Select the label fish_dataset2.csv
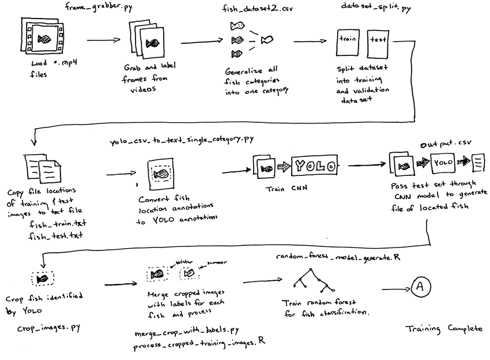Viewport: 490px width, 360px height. pos(254,9)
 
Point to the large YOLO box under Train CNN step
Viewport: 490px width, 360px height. pos(314,166)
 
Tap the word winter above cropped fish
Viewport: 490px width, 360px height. pos(180,261)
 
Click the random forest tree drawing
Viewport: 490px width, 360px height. pos(310,282)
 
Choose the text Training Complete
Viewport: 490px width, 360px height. pos(443,328)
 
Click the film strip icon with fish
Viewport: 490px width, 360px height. pos(43,39)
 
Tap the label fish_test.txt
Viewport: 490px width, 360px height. pos(56,235)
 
